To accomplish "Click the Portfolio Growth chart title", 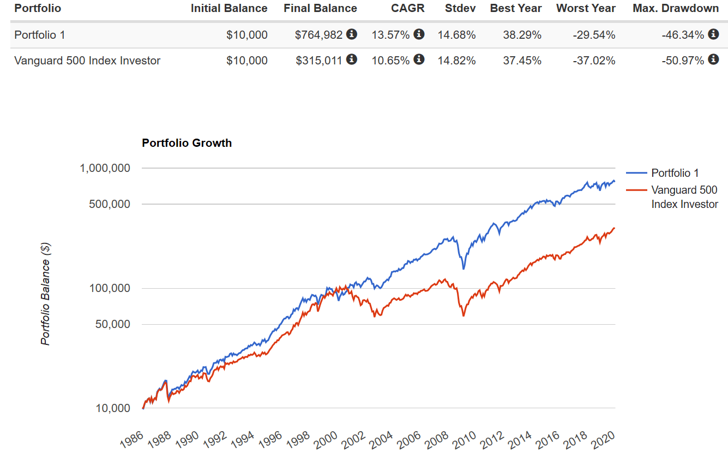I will [x=186, y=143].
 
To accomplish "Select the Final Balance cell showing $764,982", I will [x=318, y=35].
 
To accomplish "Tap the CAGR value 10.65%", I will [x=390, y=61].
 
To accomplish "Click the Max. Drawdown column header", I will [x=675, y=8].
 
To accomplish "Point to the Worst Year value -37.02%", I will [x=594, y=61].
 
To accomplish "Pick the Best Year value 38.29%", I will [x=522, y=35].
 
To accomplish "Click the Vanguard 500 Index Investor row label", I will [x=87, y=61].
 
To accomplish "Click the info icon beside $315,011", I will [x=352, y=59].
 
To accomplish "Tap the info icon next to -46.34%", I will [x=713, y=34].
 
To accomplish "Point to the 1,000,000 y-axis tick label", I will [x=105, y=168].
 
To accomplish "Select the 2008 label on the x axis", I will [x=437, y=437].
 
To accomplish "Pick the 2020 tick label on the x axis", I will [x=605, y=437].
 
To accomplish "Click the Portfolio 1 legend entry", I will [x=675, y=173].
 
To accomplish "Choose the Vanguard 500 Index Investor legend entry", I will [x=684, y=197].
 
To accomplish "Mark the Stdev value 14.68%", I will [x=456, y=35].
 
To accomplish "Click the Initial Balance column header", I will [x=229, y=8].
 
